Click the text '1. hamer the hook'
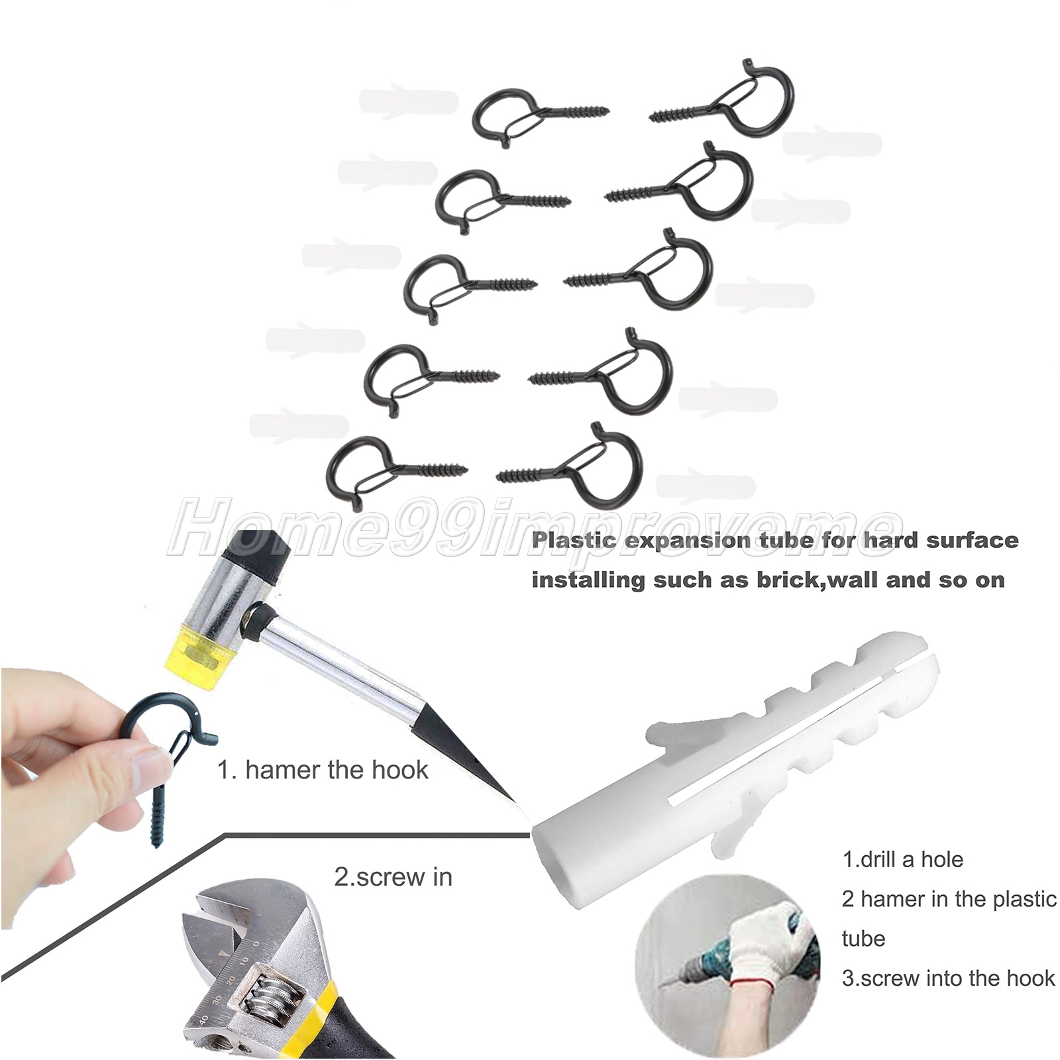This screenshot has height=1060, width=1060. coord(323,770)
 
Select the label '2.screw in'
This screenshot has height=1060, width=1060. coord(393,876)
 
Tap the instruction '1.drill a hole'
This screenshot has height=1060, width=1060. coord(902,859)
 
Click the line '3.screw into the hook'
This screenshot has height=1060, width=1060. coord(948,978)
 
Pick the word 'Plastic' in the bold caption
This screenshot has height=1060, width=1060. coord(574,540)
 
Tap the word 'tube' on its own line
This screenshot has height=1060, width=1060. coord(863,939)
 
